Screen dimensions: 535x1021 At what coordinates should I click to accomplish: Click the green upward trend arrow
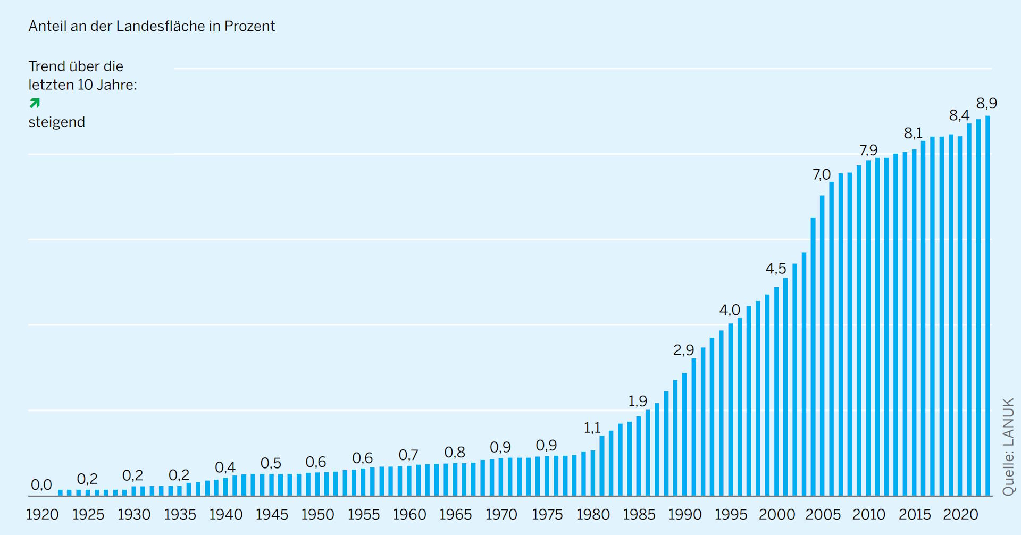coord(35,103)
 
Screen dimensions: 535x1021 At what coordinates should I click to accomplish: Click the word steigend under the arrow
coord(56,122)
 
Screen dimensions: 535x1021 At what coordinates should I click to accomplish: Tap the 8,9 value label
coord(986,103)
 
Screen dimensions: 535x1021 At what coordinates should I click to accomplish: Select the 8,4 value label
coord(959,115)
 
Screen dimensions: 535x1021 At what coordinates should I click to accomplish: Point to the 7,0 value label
coord(822,174)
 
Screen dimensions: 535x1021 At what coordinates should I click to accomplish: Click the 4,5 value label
coord(776,269)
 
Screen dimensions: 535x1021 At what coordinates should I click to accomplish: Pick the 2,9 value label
coord(684,350)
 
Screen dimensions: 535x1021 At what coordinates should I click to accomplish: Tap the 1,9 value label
coord(638,401)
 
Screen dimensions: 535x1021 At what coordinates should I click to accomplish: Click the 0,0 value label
coord(41,485)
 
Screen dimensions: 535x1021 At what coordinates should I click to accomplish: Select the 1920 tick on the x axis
coord(43,515)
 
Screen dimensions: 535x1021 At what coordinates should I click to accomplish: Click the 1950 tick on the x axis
coord(317,515)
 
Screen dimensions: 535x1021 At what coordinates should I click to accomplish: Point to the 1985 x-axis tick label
coord(639,515)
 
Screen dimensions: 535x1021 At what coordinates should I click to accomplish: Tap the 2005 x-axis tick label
coord(823,515)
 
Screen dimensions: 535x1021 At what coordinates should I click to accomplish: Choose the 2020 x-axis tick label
coord(960,515)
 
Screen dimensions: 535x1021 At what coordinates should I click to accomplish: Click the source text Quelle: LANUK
coord(1008,447)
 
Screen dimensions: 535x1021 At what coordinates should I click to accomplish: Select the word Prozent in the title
coord(249,26)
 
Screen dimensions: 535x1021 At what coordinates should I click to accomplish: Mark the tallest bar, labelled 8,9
coord(987,306)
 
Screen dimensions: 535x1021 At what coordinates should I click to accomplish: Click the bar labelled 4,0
coord(731,409)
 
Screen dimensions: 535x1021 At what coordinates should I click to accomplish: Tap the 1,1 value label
coord(592,428)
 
